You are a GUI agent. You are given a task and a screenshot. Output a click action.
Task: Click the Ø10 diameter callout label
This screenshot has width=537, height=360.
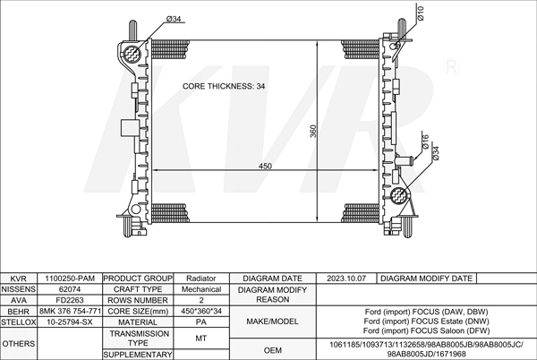[x=421, y=13]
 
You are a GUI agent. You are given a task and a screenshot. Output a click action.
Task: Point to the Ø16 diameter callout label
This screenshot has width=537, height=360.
[x=425, y=141]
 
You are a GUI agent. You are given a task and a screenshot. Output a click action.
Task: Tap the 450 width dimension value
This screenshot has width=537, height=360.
[x=265, y=167]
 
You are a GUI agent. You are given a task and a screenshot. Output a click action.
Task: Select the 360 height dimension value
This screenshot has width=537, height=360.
[x=313, y=131]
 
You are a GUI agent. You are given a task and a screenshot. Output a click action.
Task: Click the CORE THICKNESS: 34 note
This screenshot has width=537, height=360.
[x=224, y=86]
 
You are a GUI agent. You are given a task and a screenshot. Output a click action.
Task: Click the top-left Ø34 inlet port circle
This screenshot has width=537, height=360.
[x=132, y=54]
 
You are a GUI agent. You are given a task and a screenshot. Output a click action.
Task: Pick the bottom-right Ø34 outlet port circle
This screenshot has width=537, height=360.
[x=398, y=195]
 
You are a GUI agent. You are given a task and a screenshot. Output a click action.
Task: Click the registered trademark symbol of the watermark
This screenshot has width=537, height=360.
[x=451, y=67]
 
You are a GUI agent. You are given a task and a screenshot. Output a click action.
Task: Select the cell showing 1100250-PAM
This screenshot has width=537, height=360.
[x=70, y=279]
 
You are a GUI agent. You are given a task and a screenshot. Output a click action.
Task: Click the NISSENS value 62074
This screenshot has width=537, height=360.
[x=70, y=289]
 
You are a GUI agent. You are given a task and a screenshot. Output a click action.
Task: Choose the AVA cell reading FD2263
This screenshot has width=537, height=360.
[x=70, y=300]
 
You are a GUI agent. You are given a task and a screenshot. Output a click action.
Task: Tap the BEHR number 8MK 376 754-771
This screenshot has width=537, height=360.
[x=70, y=311]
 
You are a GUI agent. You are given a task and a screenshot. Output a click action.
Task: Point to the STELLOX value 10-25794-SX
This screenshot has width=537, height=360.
[x=70, y=322]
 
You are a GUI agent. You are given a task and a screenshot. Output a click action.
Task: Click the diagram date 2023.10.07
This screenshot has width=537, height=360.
[x=346, y=279]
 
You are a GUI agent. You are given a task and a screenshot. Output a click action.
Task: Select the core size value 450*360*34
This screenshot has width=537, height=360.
[x=201, y=311]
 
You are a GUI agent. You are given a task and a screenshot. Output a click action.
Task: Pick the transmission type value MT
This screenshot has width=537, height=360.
[x=201, y=339]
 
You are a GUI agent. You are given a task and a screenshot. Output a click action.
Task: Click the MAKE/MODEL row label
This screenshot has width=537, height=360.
[x=273, y=321]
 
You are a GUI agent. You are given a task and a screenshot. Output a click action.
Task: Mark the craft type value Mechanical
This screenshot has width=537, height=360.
[x=201, y=289]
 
